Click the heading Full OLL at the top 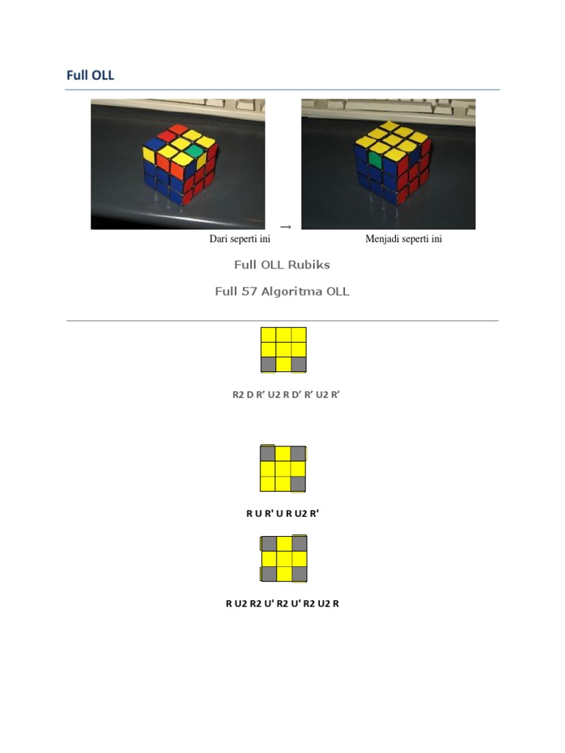pyautogui.click(x=90, y=75)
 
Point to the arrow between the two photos pyautogui.click(x=283, y=226)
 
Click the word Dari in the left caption pyautogui.click(x=219, y=239)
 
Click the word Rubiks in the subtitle pyautogui.click(x=310, y=265)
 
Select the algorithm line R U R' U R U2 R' pyautogui.click(x=282, y=513)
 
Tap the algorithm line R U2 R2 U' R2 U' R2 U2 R pyautogui.click(x=282, y=604)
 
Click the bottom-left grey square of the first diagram pyautogui.click(x=269, y=364)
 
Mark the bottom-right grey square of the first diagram pyautogui.click(x=298, y=364)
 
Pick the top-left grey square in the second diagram pyautogui.click(x=268, y=454)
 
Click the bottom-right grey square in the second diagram pyautogui.click(x=298, y=483)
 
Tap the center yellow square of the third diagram pyautogui.click(x=283, y=559)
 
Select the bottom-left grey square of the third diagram pyautogui.click(x=269, y=574)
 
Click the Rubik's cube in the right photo pyautogui.click(x=389, y=165)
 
